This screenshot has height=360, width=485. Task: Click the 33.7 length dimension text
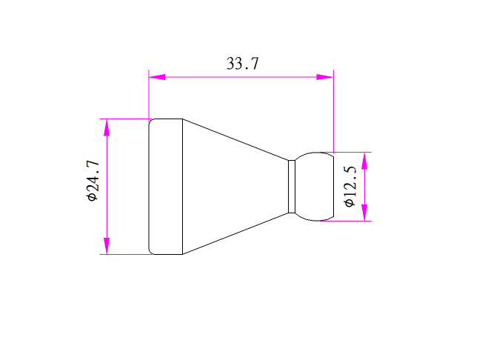(243, 64)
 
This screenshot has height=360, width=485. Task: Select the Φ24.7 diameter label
(93, 181)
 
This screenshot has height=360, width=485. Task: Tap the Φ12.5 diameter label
(350, 187)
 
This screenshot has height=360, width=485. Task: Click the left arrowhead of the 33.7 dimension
(157, 77)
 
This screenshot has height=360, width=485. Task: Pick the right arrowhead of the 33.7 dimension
(325, 77)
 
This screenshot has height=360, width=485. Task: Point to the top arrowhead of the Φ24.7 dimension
(107, 127)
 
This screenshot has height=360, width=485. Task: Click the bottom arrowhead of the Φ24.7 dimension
(107, 246)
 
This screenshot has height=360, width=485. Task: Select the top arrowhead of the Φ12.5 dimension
(364, 161)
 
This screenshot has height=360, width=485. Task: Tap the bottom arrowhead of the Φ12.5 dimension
(364, 213)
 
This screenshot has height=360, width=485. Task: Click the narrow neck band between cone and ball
(292, 187)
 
